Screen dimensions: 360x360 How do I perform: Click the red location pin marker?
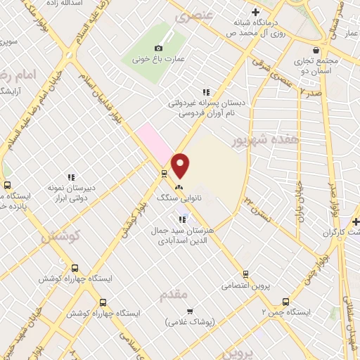(181, 165)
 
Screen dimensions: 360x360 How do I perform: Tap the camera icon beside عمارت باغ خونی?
(167, 47)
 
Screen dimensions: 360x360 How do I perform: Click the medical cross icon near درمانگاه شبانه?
(255, 12)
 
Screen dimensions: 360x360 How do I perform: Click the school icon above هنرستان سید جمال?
(182, 219)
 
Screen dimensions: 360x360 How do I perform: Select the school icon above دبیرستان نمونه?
(70, 177)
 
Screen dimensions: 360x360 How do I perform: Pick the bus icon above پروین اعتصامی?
(245, 274)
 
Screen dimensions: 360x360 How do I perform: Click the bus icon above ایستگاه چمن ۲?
(285, 299)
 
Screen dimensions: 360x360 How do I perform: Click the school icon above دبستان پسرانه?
(205, 91)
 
